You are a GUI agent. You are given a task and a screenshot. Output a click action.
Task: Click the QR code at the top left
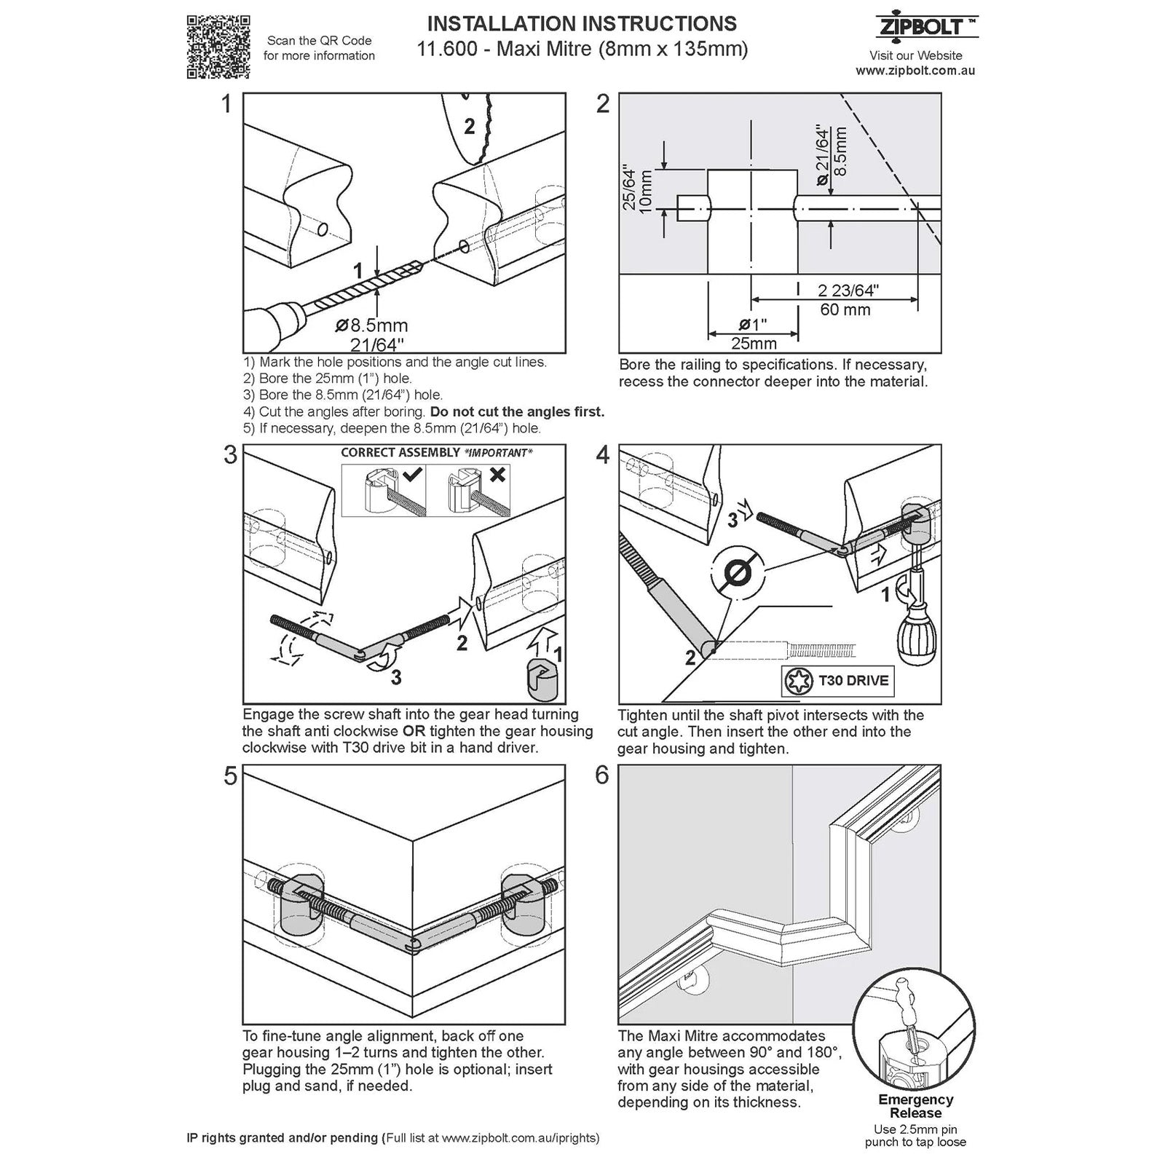(218, 46)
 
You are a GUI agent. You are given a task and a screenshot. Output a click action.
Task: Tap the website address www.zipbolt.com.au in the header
(915, 71)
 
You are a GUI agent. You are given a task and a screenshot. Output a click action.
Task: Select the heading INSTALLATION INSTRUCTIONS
(581, 24)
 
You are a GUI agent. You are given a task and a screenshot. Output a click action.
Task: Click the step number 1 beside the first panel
(227, 104)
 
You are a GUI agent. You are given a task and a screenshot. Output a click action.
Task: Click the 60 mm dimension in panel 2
(845, 309)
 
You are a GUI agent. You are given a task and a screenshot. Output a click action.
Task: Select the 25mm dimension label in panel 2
(753, 343)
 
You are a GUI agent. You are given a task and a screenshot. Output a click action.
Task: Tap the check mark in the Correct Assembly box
(412, 475)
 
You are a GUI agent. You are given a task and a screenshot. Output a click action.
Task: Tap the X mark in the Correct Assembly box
(498, 475)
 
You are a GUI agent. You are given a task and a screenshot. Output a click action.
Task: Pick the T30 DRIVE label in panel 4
(853, 681)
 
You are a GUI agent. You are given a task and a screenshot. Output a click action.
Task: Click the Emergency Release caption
(915, 1106)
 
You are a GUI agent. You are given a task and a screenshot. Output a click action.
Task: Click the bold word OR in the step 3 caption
(414, 731)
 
